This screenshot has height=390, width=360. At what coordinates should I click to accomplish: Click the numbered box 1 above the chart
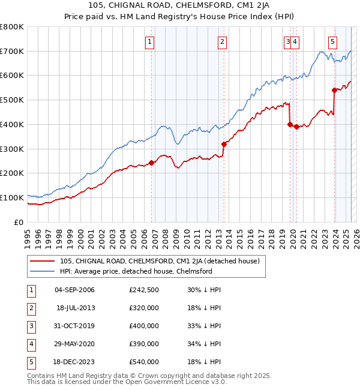[149, 41]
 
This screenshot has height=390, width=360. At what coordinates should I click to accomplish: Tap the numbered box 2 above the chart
[222, 41]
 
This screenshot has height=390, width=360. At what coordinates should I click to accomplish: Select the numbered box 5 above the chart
[332, 41]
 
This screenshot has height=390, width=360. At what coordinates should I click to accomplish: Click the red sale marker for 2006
[152, 162]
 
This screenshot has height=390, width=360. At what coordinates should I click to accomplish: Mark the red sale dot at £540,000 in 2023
[334, 90]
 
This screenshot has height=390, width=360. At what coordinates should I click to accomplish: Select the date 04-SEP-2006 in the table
[74, 290]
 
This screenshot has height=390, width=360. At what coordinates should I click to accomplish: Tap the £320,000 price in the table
[144, 308]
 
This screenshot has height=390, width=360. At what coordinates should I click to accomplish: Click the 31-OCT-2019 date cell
[74, 326]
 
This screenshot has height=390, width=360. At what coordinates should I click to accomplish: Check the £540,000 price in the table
[144, 362]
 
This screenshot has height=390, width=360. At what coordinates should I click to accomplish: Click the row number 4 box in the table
[30, 344]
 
